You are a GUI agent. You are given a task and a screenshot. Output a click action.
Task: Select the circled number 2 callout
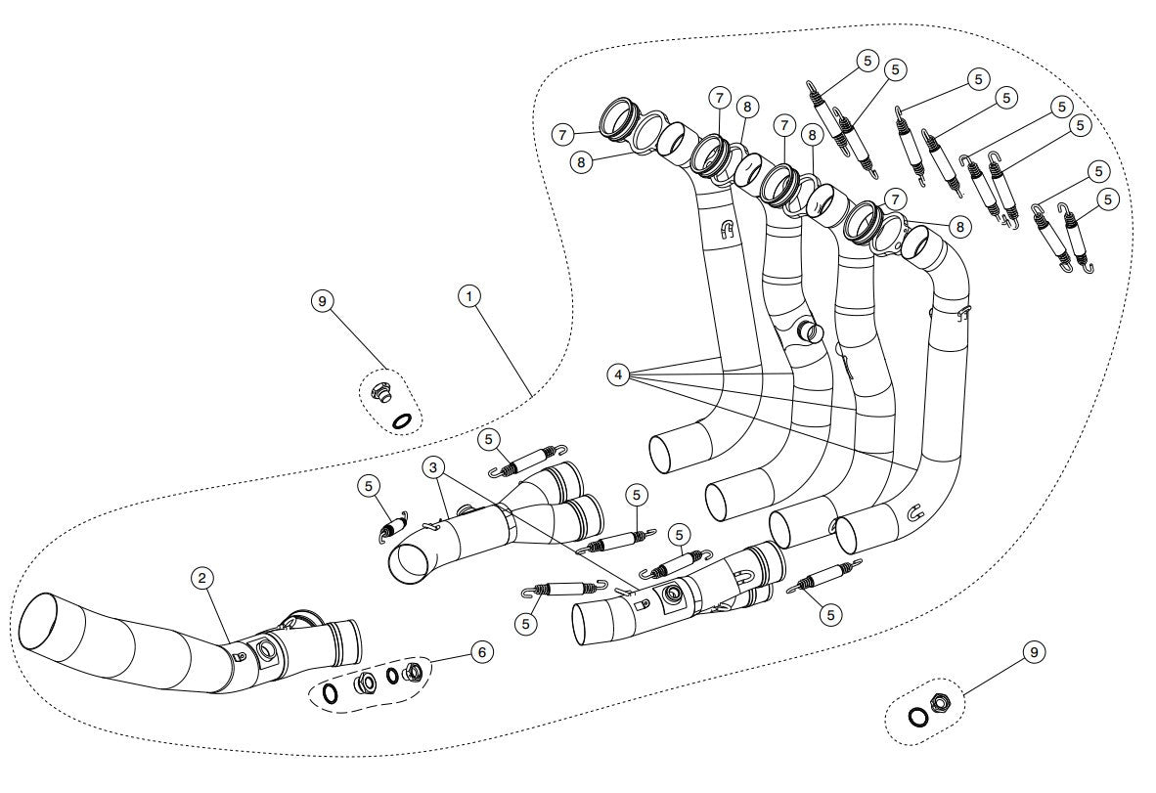[201, 578]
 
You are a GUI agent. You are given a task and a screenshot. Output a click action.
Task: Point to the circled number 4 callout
[617, 374]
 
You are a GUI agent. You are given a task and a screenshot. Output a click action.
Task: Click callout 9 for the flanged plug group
[323, 301]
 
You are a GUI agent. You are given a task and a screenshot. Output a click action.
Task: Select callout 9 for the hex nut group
[1033, 651]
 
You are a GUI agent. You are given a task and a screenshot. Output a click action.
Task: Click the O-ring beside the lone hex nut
[918, 718]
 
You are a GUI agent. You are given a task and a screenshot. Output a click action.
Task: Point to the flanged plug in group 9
[382, 394]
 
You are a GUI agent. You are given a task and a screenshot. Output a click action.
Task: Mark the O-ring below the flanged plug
[401, 421]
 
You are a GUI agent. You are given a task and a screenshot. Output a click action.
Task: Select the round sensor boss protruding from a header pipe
[811, 331]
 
